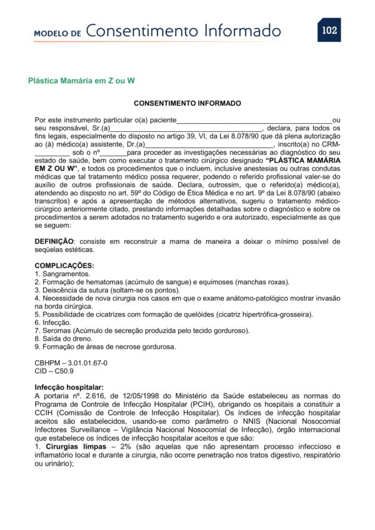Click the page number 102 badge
[329, 30]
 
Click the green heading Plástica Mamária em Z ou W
[82, 81]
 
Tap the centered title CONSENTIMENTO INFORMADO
[187, 103]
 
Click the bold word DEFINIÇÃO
[54, 241]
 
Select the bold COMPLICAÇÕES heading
[64, 266]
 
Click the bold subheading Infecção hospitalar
[69, 387]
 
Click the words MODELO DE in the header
[57, 33]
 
